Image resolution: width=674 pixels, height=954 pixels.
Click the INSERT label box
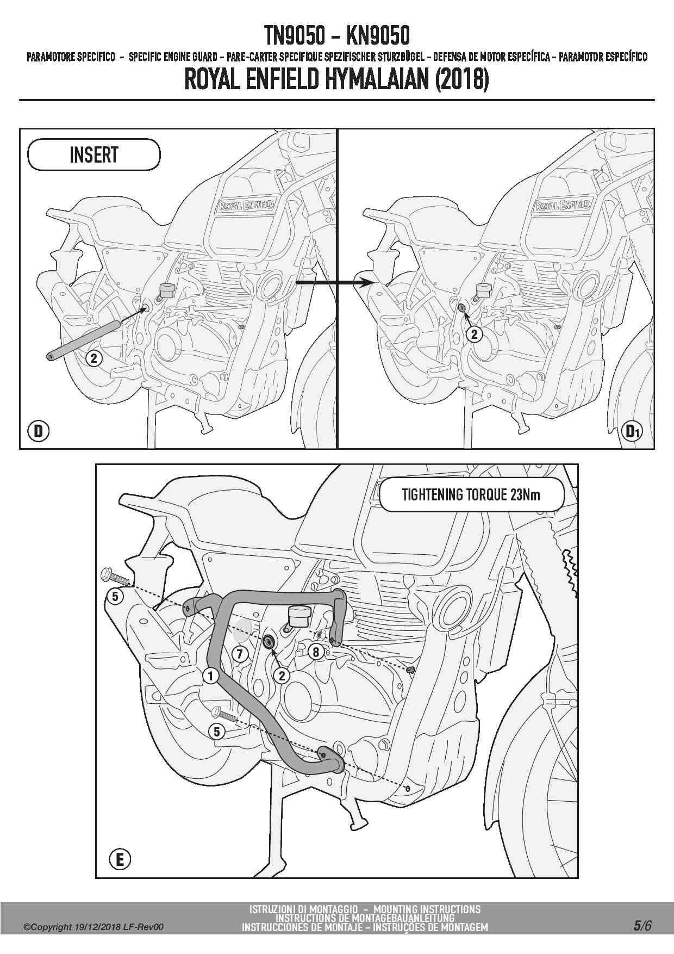click(x=93, y=155)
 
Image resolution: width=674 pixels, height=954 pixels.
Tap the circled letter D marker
click(x=38, y=431)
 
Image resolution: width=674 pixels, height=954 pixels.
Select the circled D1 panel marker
click(x=632, y=431)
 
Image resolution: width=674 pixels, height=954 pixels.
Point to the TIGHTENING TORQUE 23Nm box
click(x=471, y=495)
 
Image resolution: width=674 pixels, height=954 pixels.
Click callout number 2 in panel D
click(x=94, y=358)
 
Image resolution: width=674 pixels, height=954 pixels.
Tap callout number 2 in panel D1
click(x=475, y=334)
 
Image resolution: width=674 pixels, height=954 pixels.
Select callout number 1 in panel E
click(x=210, y=676)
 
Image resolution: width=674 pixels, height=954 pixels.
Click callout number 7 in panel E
click(x=240, y=653)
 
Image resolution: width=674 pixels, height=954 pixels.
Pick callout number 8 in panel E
click(x=316, y=652)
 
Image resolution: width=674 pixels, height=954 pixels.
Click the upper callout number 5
click(x=115, y=597)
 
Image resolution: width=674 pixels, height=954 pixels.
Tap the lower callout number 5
click(x=217, y=732)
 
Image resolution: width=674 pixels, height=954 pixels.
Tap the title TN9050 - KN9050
click(x=337, y=36)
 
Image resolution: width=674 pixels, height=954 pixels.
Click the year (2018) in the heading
click(x=461, y=80)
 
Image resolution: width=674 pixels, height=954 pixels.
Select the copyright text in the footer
click(x=93, y=927)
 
